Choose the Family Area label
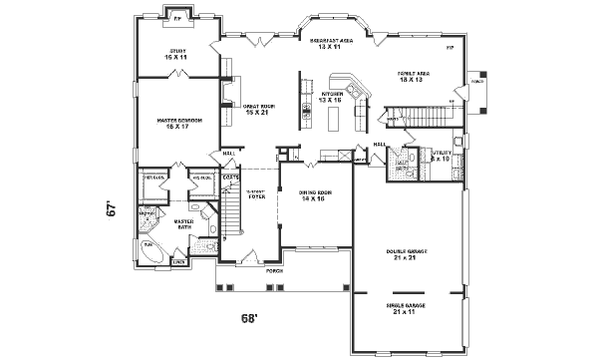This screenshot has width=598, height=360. point(415,76)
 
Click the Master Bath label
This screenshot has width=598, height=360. point(183,223)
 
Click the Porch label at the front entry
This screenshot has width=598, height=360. point(274,270)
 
